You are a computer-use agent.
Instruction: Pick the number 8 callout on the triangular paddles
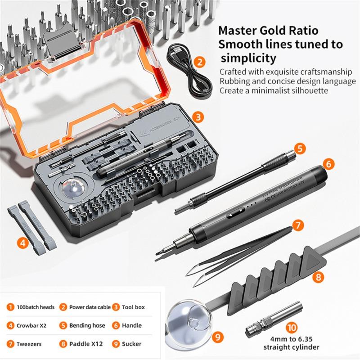point(319,277)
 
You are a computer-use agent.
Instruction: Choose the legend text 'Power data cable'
point(90,307)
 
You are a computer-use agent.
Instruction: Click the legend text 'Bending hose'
point(87,325)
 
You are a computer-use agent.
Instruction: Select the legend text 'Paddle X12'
point(86,344)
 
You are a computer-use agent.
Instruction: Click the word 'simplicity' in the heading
point(247,58)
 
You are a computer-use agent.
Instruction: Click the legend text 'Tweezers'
point(29,344)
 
